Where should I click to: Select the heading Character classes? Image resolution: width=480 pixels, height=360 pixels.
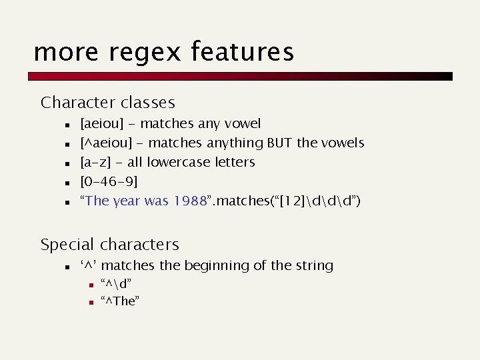107,103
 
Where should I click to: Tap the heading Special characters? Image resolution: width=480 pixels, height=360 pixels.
109,245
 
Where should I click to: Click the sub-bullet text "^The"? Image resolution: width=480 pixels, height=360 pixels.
120,301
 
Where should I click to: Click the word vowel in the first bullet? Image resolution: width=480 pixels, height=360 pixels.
243,124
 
